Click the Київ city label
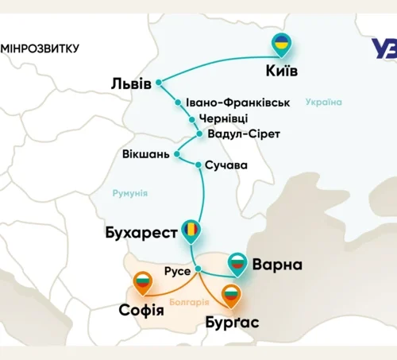pyautogui.click(x=280, y=72)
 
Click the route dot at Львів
pyautogui.click(x=159, y=82)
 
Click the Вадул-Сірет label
pyautogui.click(x=243, y=134)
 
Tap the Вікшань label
pyautogui.click(x=145, y=153)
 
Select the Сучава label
pyautogui.click(x=226, y=165)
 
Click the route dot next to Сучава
pyautogui.click(x=198, y=165)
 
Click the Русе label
pyautogui.click(x=177, y=271)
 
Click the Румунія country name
pyautogui.click(x=129, y=194)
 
